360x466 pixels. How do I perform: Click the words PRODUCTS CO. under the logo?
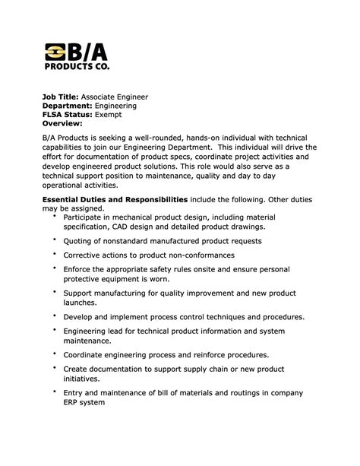pyautogui.click(x=77, y=66)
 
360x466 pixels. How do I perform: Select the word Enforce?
pyautogui.click(x=81, y=269)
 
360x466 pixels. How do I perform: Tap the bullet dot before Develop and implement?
pyautogui.click(x=55, y=314)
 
